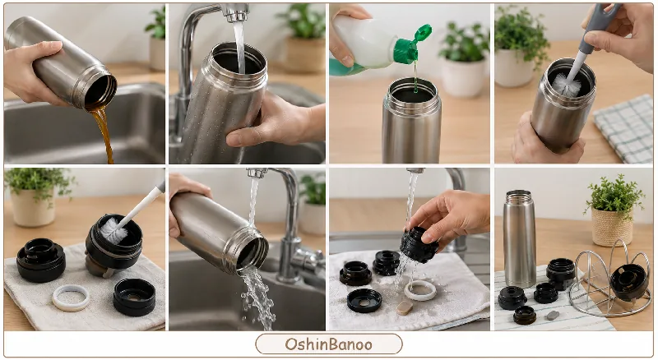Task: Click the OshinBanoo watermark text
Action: (328, 344)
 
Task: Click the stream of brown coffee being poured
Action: (104, 133)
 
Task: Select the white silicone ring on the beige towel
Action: (71, 298)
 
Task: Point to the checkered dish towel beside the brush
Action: (624, 127)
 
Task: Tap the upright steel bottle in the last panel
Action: (519, 238)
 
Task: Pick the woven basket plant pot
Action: (612, 227)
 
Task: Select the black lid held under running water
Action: (419, 245)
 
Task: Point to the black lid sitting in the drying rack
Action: (628, 282)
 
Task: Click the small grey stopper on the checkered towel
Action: (553, 315)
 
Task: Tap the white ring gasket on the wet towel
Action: (420, 290)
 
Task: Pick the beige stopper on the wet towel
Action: (405, 307)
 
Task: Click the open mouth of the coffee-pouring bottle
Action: (100, 90)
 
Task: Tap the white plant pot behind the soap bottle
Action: (463, 76)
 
